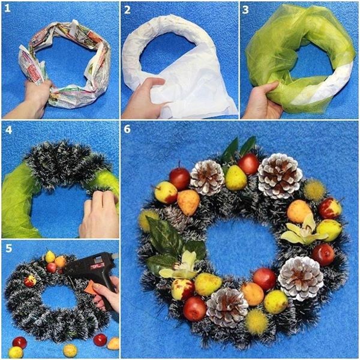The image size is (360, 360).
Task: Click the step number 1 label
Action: pos(8,9)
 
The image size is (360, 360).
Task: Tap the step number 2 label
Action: pos(127,10)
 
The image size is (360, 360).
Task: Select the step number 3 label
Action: pos(245,10)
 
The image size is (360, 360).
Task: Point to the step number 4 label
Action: pos(8,130)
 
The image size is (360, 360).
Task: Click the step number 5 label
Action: pos(9,248)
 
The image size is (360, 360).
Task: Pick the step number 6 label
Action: pos(127,129)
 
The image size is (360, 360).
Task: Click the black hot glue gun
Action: pos(94,273)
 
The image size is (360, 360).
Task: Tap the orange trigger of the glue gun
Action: pos(90,287)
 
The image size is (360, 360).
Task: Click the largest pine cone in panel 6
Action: pos(280,176)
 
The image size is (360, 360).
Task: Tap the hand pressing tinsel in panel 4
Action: pos(100,214)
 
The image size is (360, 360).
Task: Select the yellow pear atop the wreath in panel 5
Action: pos(50,256)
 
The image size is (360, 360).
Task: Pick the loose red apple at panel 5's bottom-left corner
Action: pos(20,343)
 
